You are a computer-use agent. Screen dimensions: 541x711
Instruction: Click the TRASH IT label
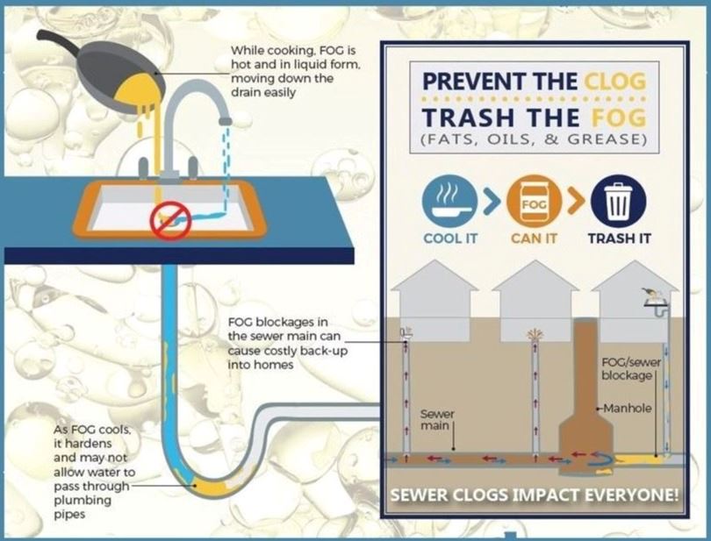tap(620, 238)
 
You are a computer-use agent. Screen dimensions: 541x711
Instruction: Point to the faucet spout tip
tap(225, 119)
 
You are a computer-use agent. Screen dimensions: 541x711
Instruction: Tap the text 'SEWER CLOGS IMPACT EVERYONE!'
tap(535, 495)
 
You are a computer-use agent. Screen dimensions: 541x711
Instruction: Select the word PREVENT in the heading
tap(474, 82)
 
